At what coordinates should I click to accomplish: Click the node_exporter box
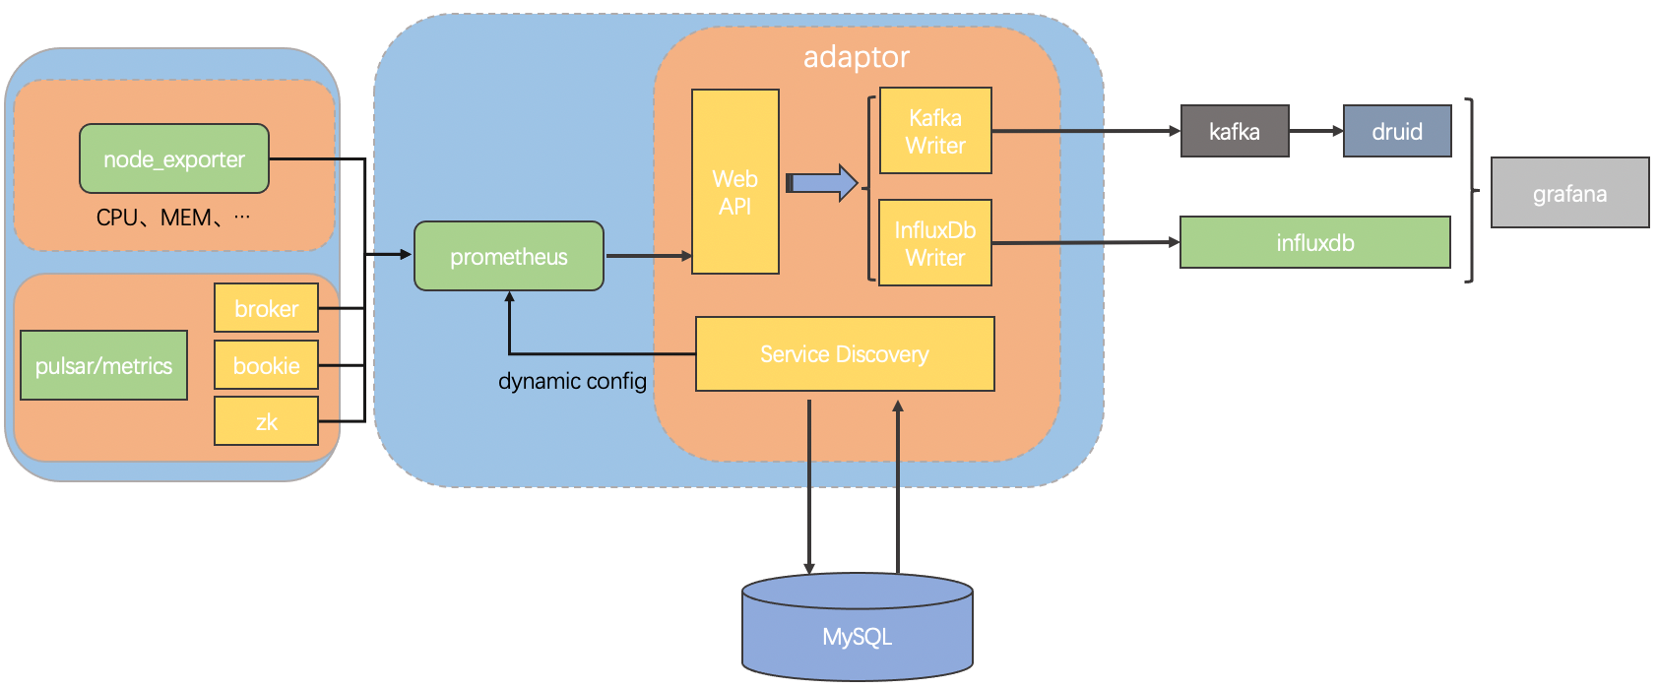coord(174,158)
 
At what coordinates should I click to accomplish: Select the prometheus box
coord(508,256)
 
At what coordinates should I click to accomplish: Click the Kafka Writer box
coord(935,131)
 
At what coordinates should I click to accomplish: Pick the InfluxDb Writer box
coord(935,243)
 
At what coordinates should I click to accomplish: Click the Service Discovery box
coord(845,354)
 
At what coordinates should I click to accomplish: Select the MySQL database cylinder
coord(857,630)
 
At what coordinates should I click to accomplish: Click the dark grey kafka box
coord(1235,131)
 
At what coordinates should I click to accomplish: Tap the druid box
coord(1397,131)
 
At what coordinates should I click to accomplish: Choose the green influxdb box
coord(1314,242)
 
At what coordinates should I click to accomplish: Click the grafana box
coord(1569,193)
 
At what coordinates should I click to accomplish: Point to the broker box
coord(266,308)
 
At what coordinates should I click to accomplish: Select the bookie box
coord(266,365)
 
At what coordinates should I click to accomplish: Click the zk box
coord(266,421)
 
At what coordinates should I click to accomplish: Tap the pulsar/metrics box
coord(103,365)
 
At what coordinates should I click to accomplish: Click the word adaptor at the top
coord(856,57)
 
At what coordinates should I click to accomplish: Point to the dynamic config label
coord(572,381)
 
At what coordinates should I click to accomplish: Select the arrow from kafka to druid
coord(1315,131)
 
